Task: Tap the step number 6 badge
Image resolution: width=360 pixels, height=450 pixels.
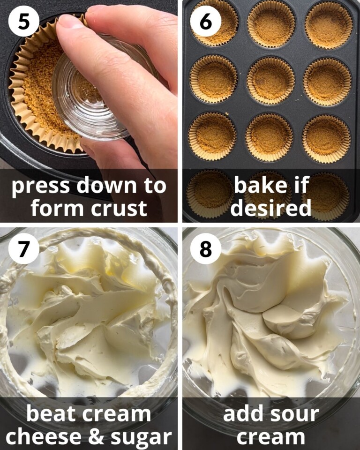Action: pos(205,21)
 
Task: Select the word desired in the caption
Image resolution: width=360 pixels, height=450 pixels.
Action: pos(271,207)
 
